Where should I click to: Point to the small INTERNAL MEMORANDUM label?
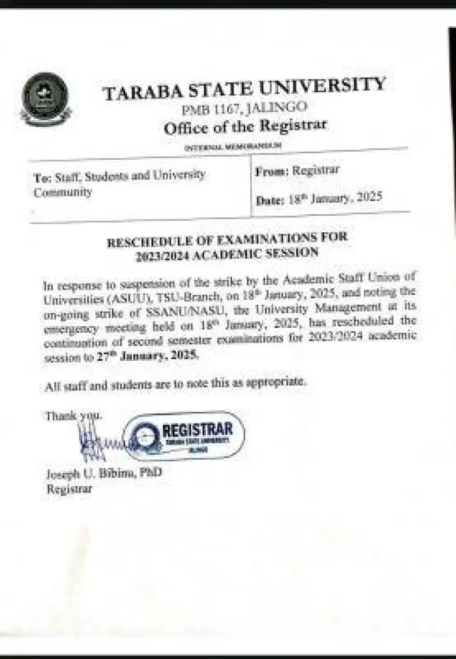point(233,147)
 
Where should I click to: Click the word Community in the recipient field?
point(62,192)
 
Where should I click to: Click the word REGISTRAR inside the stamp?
point(198,430)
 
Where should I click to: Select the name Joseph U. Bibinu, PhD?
point(104,474)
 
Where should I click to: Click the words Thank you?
point(73,416)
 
